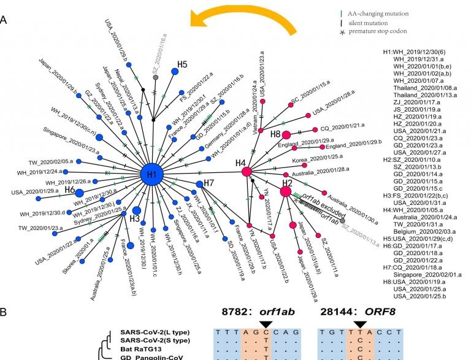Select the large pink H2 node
(286, 192)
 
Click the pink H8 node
(286, 135)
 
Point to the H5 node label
(182, 64)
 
